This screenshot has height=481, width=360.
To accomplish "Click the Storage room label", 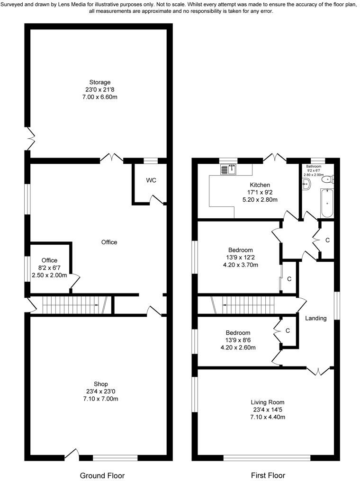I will coord(100,82).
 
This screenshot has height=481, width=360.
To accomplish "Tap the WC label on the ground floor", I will coord(151,180).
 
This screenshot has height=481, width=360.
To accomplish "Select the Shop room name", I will coord(100,384).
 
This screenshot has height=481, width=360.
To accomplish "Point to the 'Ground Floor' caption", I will coord(102,475).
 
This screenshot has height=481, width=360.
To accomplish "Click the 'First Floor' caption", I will coord(268,475).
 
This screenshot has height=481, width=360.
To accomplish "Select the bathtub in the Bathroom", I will coord(327,203).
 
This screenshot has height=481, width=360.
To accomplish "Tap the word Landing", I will coord(315,318).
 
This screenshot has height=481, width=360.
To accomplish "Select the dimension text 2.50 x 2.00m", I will coord(49,275).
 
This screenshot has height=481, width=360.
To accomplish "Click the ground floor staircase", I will coord(71,305).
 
